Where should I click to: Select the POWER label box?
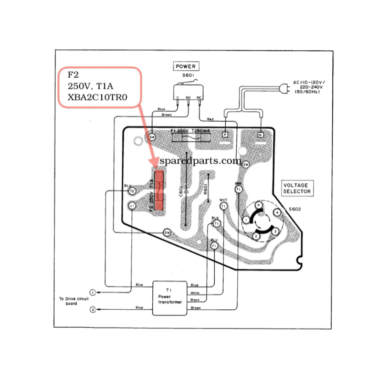[x=185, y=67]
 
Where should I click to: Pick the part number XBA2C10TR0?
[x=98, y=97]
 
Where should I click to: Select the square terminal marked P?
[x=225, y=135]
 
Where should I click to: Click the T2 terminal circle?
[x=132, y=191]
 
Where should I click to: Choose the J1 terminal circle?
[x=132, y=205]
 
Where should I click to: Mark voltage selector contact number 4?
[x=276, y=213]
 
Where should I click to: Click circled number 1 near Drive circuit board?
[x=93, y=291]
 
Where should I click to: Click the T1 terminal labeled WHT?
[x=224, y=206]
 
